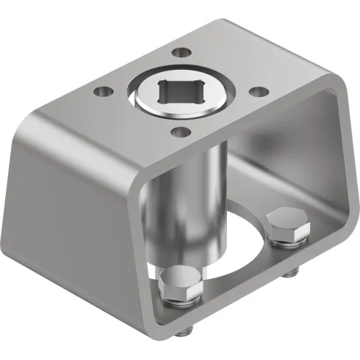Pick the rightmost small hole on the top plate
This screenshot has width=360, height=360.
[x=258, y=92]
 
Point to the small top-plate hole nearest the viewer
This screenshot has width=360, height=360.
[x=179, y=133]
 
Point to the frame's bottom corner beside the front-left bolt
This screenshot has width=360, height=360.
[x=151, y=312]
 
